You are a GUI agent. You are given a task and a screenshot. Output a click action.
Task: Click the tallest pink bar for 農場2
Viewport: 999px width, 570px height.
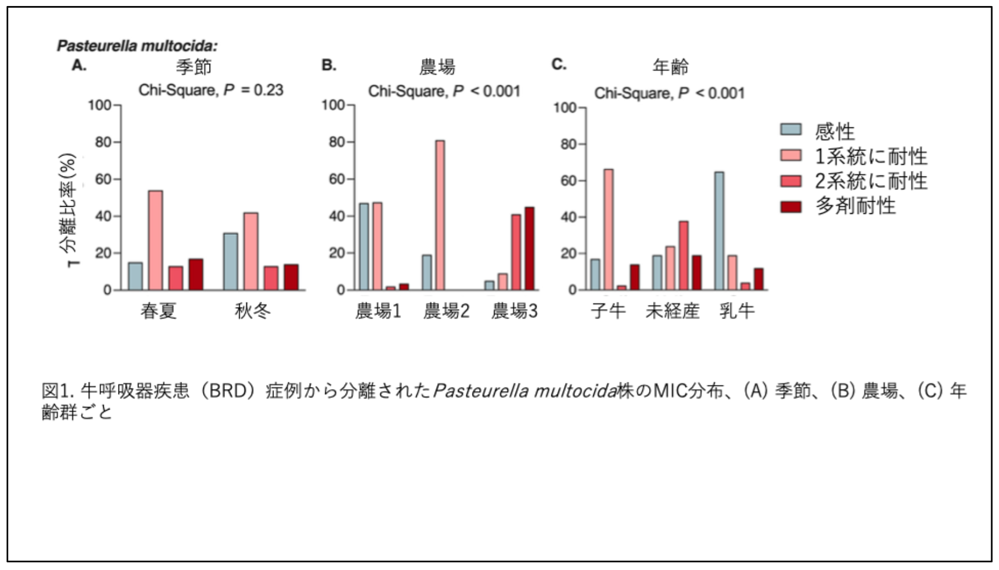[x=440, y=215]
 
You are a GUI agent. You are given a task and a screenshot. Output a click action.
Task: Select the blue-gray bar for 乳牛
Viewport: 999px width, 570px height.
[x=719, y=231]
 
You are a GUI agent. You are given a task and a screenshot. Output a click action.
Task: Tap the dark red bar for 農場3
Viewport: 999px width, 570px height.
[x=529, y=249]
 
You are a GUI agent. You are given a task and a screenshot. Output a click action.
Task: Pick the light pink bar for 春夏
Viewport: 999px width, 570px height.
[x=155, y=240]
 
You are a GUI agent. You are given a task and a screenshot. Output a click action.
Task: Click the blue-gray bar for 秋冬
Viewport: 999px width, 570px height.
[x=230, y=262]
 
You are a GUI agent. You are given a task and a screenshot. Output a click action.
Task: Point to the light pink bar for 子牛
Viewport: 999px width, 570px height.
[x=608, y=229]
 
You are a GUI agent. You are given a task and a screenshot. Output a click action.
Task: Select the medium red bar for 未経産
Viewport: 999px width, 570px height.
[x=683, y=256]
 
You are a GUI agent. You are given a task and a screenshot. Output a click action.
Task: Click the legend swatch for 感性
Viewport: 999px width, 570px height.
[x=791, y=130]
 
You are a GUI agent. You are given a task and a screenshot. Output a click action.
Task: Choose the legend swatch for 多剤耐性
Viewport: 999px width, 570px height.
[x=791, y=207]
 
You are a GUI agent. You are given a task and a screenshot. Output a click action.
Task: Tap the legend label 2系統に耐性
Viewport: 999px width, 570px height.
[x=871, y=181]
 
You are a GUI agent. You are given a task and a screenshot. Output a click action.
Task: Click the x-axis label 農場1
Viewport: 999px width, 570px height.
[x=378, y=311]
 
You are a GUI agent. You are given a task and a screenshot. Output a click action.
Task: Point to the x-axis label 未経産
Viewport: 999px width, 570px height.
[x=673, y=311]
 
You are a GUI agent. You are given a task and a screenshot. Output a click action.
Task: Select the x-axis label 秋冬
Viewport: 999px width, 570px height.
[x=253, y=311]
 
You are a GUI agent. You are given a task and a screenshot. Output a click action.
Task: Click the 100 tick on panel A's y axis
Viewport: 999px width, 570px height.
[x=100, y=105]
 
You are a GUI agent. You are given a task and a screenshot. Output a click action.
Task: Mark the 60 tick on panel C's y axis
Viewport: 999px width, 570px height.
[x=568, y=180]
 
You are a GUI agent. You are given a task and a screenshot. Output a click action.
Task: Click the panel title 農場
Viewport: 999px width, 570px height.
[x=437, y=67]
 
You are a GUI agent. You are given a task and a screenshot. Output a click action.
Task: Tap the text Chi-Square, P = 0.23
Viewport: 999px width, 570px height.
[x=211, y=90]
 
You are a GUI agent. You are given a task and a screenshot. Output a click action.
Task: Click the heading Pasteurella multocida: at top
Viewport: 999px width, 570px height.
[x=137, y=46]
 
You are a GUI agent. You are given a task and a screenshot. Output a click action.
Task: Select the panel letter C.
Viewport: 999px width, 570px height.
[x=558, y=64]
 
